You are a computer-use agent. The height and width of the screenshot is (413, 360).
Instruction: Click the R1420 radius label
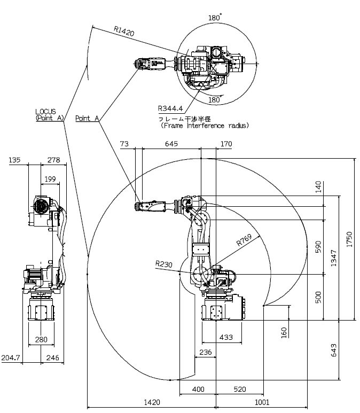pyautogui.click(x=124, y=31)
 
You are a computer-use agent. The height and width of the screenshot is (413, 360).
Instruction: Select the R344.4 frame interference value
pyautogui.click(x=170, y=108)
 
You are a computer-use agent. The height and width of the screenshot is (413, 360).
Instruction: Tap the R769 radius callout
pyautogui.click(x=244, y=240)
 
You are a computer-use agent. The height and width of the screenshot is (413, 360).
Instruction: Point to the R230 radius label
pyautogui.click(x=163, y=263)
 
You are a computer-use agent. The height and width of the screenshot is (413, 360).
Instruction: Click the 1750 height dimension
pyautogui.click(x=349, y=239)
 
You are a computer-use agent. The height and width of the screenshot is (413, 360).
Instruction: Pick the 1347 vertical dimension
pyautogui.click(x=334, y=258)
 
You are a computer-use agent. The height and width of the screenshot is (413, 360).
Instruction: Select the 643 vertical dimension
pyautogui.click(x=334, y=350)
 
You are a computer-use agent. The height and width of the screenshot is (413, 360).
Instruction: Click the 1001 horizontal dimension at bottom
pyautogui.click(x=262, y=402)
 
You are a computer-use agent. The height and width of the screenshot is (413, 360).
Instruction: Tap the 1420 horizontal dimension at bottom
pyautogui.click(x=152, y=402)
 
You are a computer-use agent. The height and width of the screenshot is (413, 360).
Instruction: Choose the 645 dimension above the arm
pyautogui.click(x=171, y=144)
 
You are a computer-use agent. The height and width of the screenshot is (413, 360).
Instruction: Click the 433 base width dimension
pyautogui.click(x=226, y=337)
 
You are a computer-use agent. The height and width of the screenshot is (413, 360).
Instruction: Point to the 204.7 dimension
pyautogui.click(x=11, y=357)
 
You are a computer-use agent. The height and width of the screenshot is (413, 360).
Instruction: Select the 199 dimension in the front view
pyautogui.click(x=50, y=179)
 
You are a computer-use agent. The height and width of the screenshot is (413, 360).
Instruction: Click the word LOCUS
pyautogui.click(x=45, y=112)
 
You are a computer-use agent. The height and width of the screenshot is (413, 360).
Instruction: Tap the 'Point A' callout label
pyautogui.click(x=87, y=118)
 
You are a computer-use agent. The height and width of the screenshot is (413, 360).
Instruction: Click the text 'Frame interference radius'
pyautogui.click(x=205, y=126)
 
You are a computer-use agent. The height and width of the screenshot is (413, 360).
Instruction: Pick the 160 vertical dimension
pyautogui.click(x=284, y=332)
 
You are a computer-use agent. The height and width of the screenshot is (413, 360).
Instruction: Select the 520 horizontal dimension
pyautogui.click(x=240, y=389)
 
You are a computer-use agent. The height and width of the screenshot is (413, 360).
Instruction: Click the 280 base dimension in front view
pyautogui.click(x=41, y=339)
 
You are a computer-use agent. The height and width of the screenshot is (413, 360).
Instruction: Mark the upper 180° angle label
pyautogui.click(x=215, y=18)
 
